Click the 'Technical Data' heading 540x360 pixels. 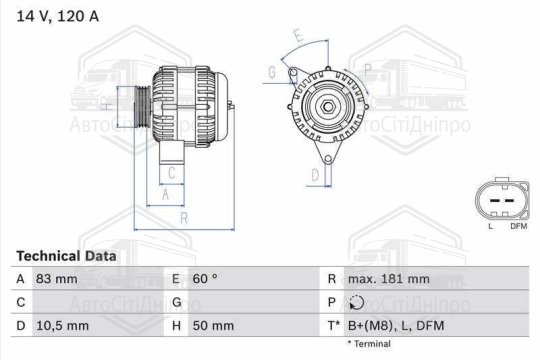coord(66,256)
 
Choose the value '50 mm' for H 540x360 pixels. coord(213,325)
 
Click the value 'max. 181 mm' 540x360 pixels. coord(388,279)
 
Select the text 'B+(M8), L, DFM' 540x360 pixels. coord(397,325)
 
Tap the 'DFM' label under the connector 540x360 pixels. coord(518,227)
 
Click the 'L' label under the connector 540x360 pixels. coord(490,227)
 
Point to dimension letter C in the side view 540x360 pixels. coord(171,173)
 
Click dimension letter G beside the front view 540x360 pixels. coord(272,71)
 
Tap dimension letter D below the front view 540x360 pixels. coord(315,176)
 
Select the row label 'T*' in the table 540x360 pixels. coord(333,325)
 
